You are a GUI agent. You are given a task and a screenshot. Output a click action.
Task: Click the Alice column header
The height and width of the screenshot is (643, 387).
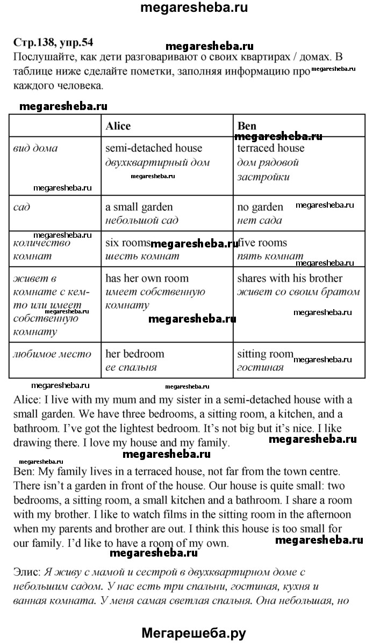point(118,126)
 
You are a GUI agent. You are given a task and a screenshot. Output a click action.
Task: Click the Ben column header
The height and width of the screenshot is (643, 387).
point(247,126)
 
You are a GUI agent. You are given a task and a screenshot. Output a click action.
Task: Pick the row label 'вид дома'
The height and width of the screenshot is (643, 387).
point(35,148)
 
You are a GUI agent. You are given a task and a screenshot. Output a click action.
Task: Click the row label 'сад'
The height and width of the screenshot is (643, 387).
point(23,207)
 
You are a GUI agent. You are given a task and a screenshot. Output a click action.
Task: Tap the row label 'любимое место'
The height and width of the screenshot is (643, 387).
point(52,354)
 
